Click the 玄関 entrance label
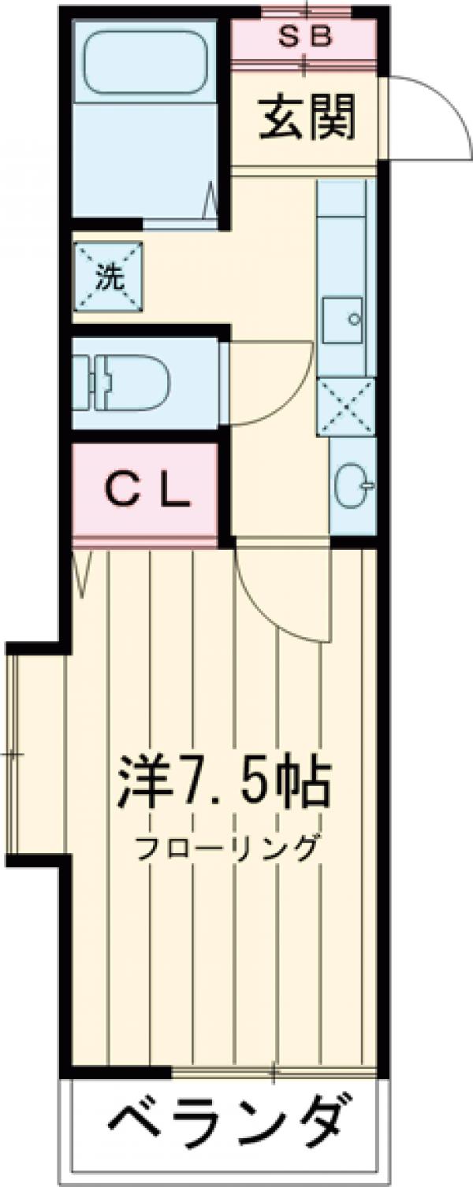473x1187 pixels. click(307, 118)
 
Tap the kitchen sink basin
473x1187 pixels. click(343, 317)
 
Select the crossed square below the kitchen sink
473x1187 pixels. click(344, 406)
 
